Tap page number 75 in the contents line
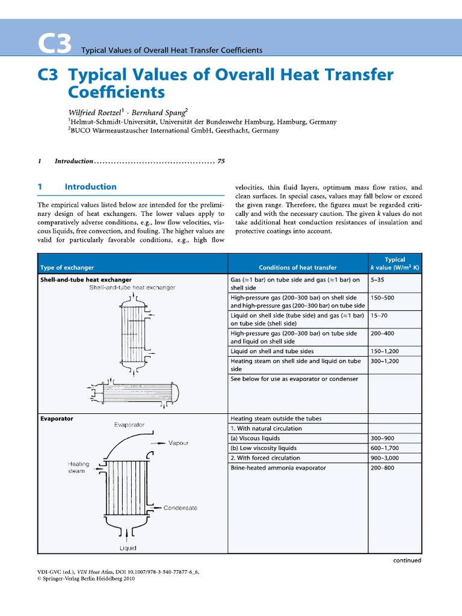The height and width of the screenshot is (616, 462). [x=221, y=161]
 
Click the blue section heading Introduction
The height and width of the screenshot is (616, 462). [x=90, y=187]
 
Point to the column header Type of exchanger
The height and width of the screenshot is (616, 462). [x=67, y=268]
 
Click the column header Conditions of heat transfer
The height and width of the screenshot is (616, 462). [x=297, y=268]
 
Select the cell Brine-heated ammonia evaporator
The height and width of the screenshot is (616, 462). [x=278, y=467]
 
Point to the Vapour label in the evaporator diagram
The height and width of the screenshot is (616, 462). [x=178, y=443]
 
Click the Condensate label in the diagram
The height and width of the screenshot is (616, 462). [x=180, y=508]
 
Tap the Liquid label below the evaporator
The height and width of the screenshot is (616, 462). [x=128, y=548]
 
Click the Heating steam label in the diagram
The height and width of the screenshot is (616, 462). [x=78, y=467]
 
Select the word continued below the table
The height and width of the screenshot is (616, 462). [x=407, y=560]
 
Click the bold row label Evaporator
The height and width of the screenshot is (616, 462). [x=57, y=419]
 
